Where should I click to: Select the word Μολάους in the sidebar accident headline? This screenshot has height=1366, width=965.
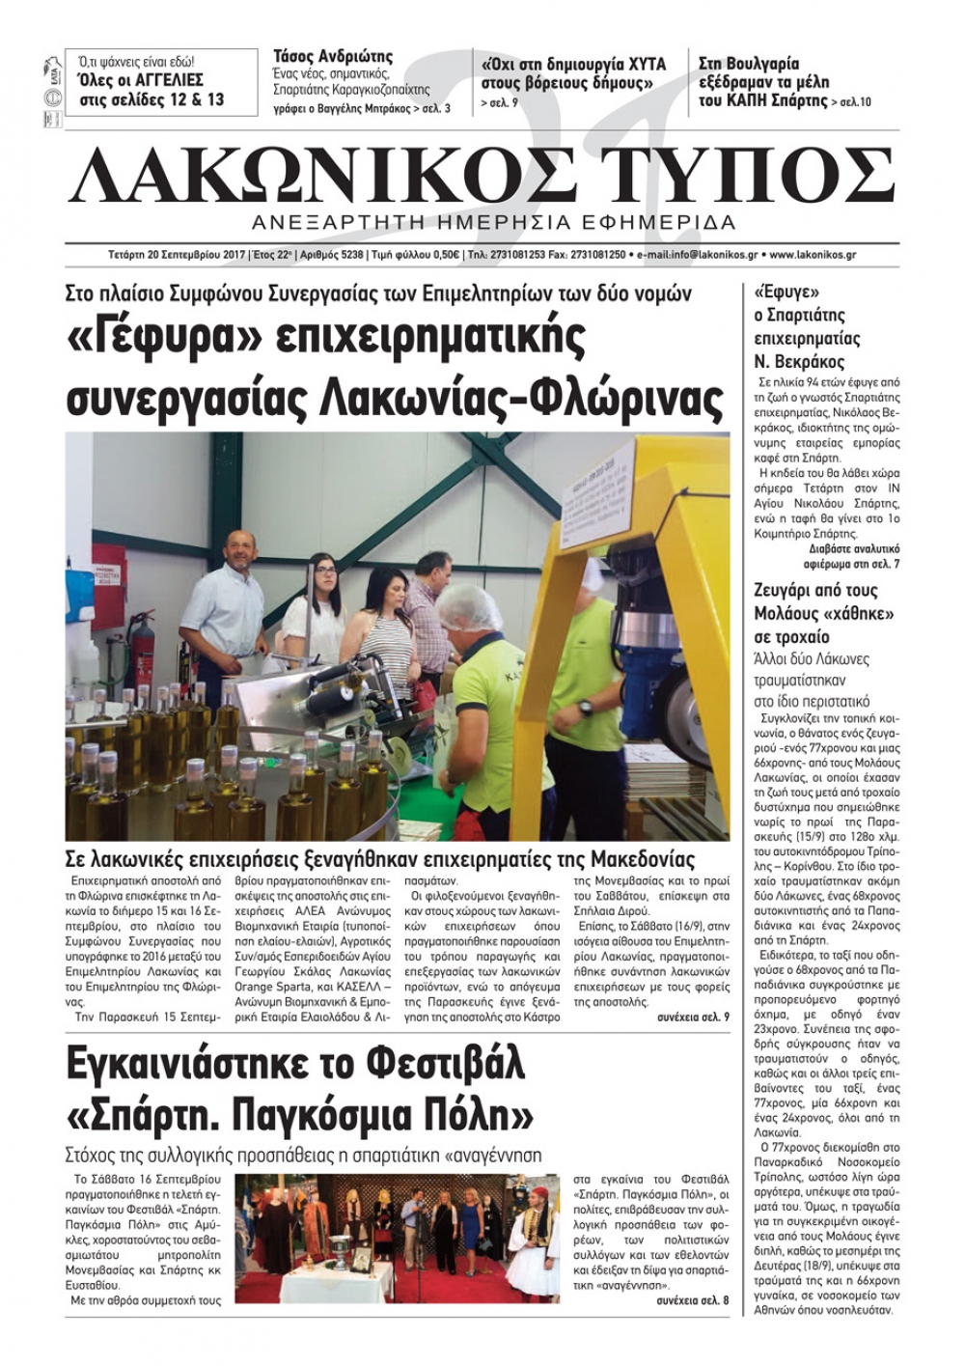point(789,614)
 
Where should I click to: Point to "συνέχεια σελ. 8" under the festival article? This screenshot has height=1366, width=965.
point(693,1300)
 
